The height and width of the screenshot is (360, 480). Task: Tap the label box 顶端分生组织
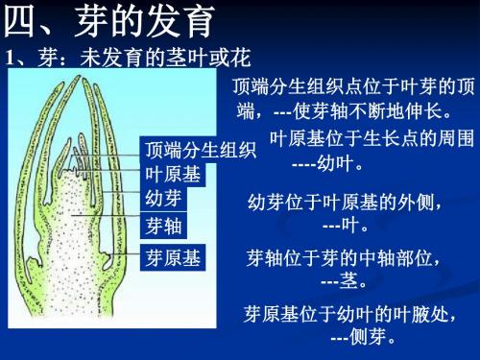199,151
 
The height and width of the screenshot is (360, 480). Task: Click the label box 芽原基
171,258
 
